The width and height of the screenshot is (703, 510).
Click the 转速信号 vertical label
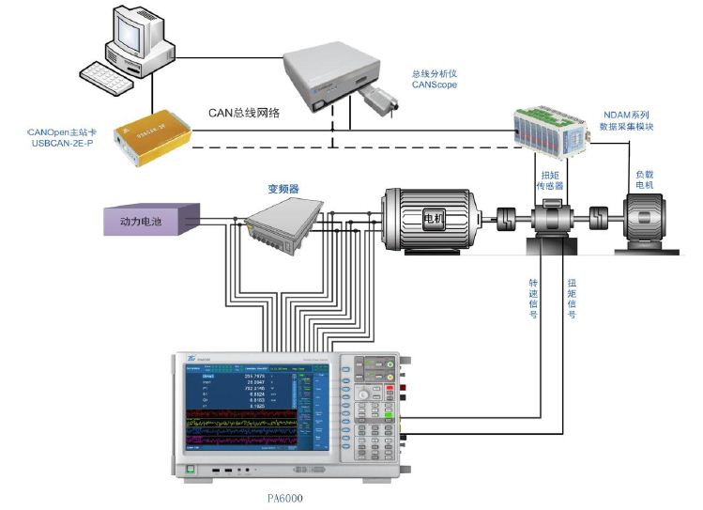533,298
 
